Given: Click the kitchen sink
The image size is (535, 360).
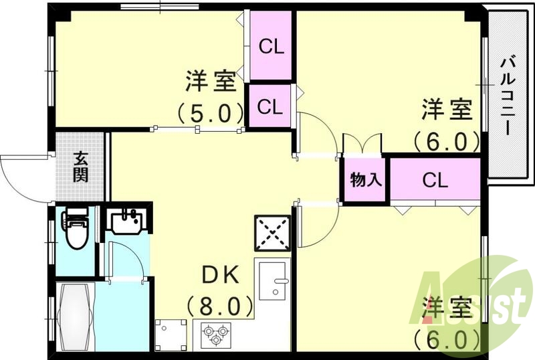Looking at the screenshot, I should (273, 280).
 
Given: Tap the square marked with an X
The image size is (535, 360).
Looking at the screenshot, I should (272, 232).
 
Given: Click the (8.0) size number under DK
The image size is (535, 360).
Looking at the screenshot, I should (220, 306).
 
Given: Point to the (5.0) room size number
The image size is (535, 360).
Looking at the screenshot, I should (209, 112).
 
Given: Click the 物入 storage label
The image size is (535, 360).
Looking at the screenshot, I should (364, 179).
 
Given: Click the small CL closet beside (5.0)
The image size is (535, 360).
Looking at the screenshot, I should (270, 106).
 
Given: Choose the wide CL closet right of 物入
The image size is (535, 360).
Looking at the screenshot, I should (435, 179).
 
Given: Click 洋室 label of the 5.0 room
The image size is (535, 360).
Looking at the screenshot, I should (209, 82).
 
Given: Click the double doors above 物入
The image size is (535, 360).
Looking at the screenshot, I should (361, 144).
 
